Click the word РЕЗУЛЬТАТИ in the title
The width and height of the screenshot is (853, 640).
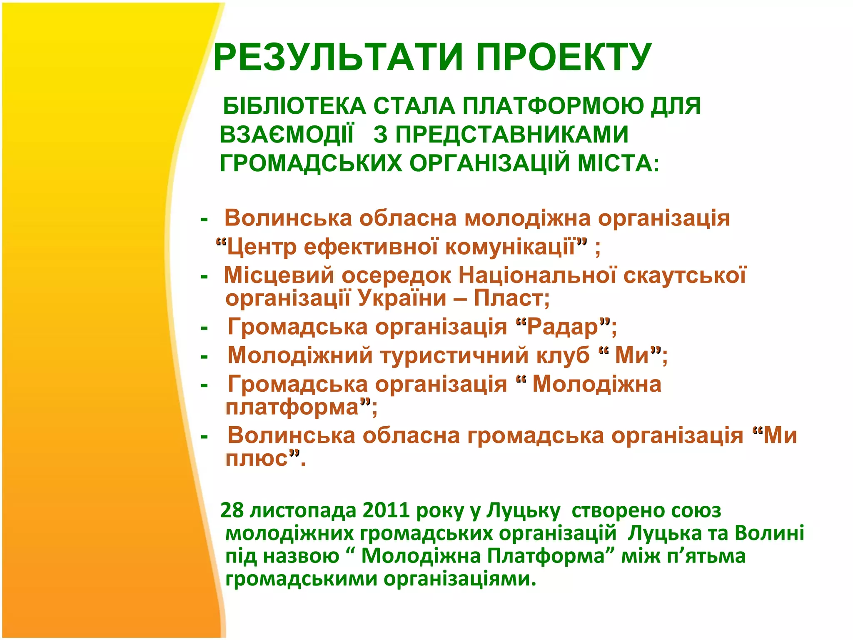coord(338,57)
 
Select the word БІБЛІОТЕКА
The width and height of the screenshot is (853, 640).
coord(294,106)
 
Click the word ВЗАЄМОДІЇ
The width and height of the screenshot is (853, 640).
coord(287,135)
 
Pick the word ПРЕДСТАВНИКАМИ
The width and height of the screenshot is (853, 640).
coord(511,135)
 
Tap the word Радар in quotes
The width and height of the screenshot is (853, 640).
coord(562,327)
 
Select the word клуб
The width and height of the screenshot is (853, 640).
coord(563,355)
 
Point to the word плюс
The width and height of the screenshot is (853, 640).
coord(257,458)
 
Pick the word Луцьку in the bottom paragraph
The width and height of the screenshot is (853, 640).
coord(523,511)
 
